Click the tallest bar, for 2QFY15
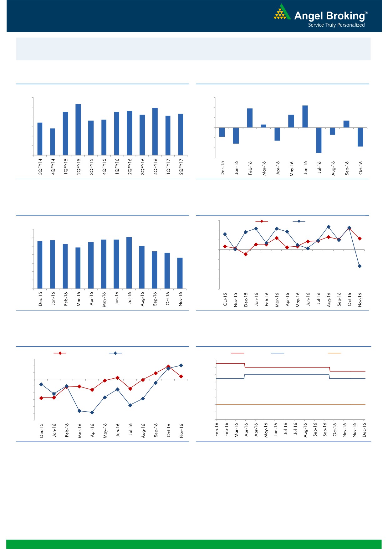point(78,129)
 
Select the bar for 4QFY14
point(53,141)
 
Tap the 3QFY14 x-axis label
point(40,166)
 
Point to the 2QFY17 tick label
point(181,166)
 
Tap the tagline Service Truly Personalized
point(336,25)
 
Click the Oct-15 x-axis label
point(225,300)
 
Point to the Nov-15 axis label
point(236,300)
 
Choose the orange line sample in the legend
point(334,353)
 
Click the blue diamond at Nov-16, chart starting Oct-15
point(360,266)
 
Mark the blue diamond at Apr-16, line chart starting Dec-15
point(92,413)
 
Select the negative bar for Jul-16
point(319,140)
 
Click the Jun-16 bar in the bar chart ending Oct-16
point(305,116)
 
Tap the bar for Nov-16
point(180,273)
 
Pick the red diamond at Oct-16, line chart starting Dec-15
point(168,367)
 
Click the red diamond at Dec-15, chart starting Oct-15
point(246,254)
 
